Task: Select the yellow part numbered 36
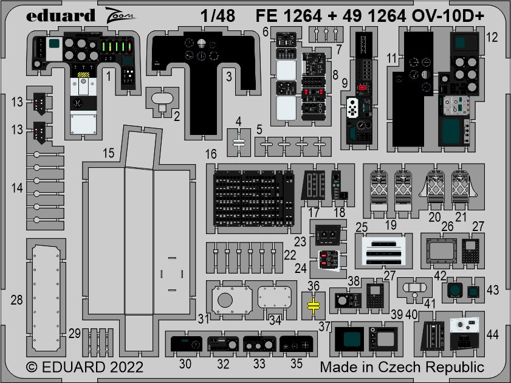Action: (314, 305)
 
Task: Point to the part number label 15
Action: (108, 154)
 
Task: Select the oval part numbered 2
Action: (163, 97)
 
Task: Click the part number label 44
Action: (492, 333)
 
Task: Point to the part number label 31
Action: (204, 318)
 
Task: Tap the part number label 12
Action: (493, 37)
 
